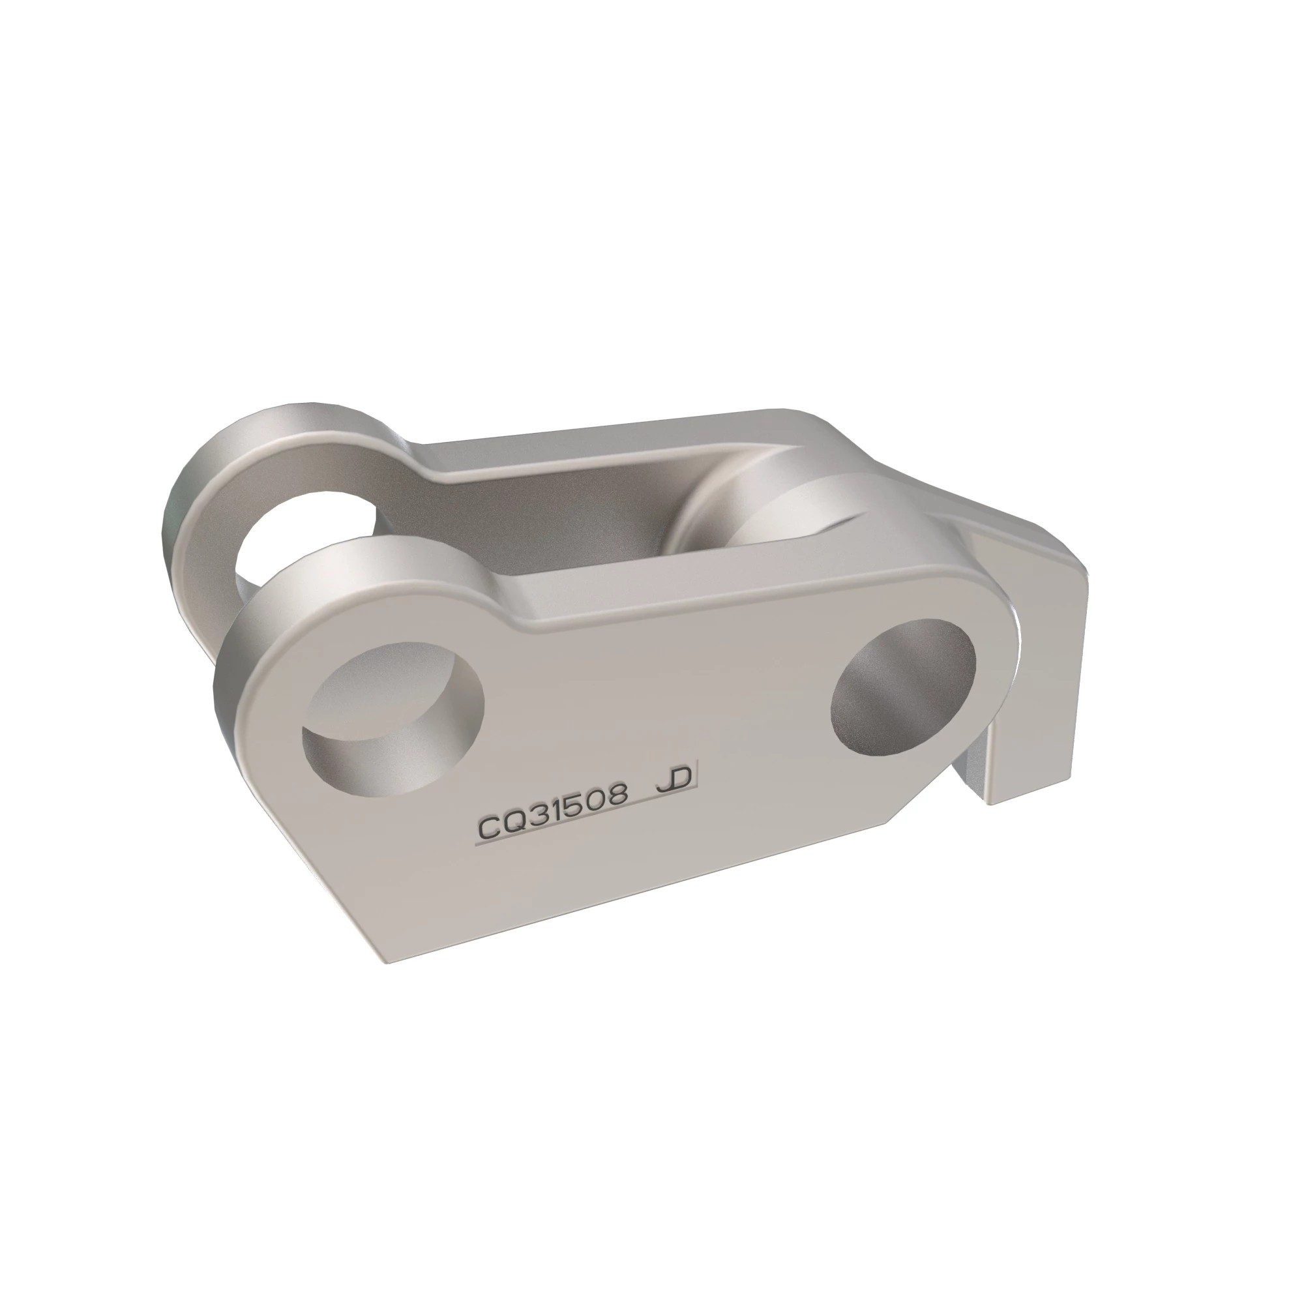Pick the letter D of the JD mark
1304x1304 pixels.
coord(680,780)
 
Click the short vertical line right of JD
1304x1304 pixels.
coord(696,776)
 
